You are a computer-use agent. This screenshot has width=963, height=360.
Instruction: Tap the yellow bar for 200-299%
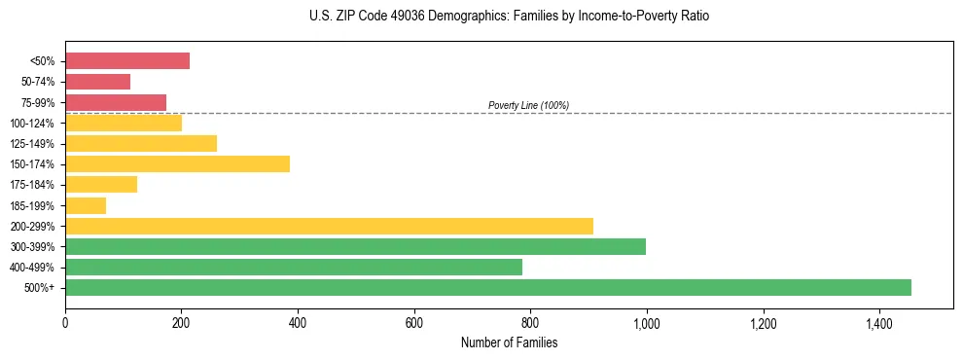click(x=329, y=226)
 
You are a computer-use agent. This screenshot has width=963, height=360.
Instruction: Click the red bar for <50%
click(x=127, y=60)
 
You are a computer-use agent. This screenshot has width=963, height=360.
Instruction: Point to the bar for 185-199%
click(x=86, y=205)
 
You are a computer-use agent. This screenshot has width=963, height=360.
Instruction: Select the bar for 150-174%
click(x=177, y=163)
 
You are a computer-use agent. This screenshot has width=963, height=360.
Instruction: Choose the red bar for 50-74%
click(x=97, y=81)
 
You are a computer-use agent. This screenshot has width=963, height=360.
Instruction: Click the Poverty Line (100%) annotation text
click(x=528, y=105)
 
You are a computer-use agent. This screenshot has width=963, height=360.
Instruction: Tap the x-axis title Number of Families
click(x=509, y=342)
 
